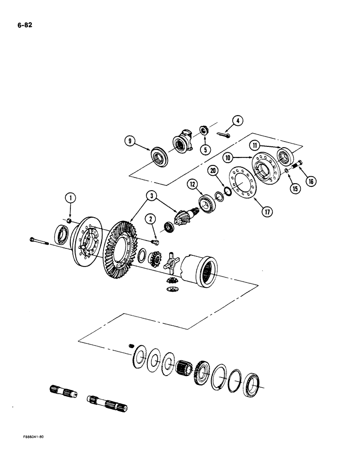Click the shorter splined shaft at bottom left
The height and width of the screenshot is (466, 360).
(62, 389)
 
